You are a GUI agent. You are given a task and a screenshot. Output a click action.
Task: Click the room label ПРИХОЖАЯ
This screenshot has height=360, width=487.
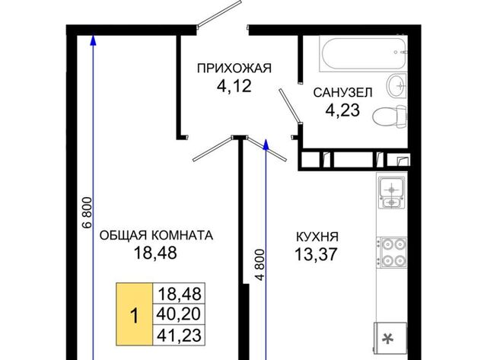pos(234,68)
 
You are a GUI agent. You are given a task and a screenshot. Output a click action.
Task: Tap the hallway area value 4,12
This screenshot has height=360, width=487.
pos(234,86)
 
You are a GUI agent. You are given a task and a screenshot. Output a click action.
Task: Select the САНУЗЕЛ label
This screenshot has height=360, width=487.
pos(342,93)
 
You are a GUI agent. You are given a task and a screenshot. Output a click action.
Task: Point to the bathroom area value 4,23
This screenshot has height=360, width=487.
pos(342,110)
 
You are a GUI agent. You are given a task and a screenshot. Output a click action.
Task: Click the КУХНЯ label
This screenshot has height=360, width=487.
pos(317,237)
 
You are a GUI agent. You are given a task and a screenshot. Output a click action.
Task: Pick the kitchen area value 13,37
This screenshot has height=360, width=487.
pos(316,254)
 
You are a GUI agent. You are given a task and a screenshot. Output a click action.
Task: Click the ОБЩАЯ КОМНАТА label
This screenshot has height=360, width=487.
pos(156,235)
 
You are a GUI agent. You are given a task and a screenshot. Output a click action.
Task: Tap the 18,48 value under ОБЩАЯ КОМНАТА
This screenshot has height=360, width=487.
pos(155,253)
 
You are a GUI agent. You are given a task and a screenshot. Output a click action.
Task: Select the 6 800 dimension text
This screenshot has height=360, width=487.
pos(88,212)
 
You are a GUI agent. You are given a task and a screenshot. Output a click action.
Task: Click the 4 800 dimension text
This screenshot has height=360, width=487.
pos(260,265)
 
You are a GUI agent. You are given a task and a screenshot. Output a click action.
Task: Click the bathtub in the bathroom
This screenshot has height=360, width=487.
pos(363,54)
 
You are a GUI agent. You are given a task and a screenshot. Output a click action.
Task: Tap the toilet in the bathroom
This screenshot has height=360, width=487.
pos(390,116)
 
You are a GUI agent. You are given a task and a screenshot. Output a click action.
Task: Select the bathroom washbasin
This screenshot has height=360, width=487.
pos(396,84)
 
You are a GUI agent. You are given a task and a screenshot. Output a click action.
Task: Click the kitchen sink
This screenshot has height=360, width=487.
pos(392,193)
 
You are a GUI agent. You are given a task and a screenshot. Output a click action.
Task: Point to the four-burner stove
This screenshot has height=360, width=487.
pos(392,252)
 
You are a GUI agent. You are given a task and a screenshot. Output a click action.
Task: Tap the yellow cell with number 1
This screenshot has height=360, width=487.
pos(135,314)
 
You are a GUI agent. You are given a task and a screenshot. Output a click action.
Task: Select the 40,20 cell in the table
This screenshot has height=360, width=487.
pos(179,314)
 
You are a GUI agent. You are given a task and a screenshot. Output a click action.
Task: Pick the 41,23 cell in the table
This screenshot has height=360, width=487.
pos(179,335)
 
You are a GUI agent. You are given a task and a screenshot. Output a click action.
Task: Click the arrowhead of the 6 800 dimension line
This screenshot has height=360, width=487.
pos(93,39)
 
